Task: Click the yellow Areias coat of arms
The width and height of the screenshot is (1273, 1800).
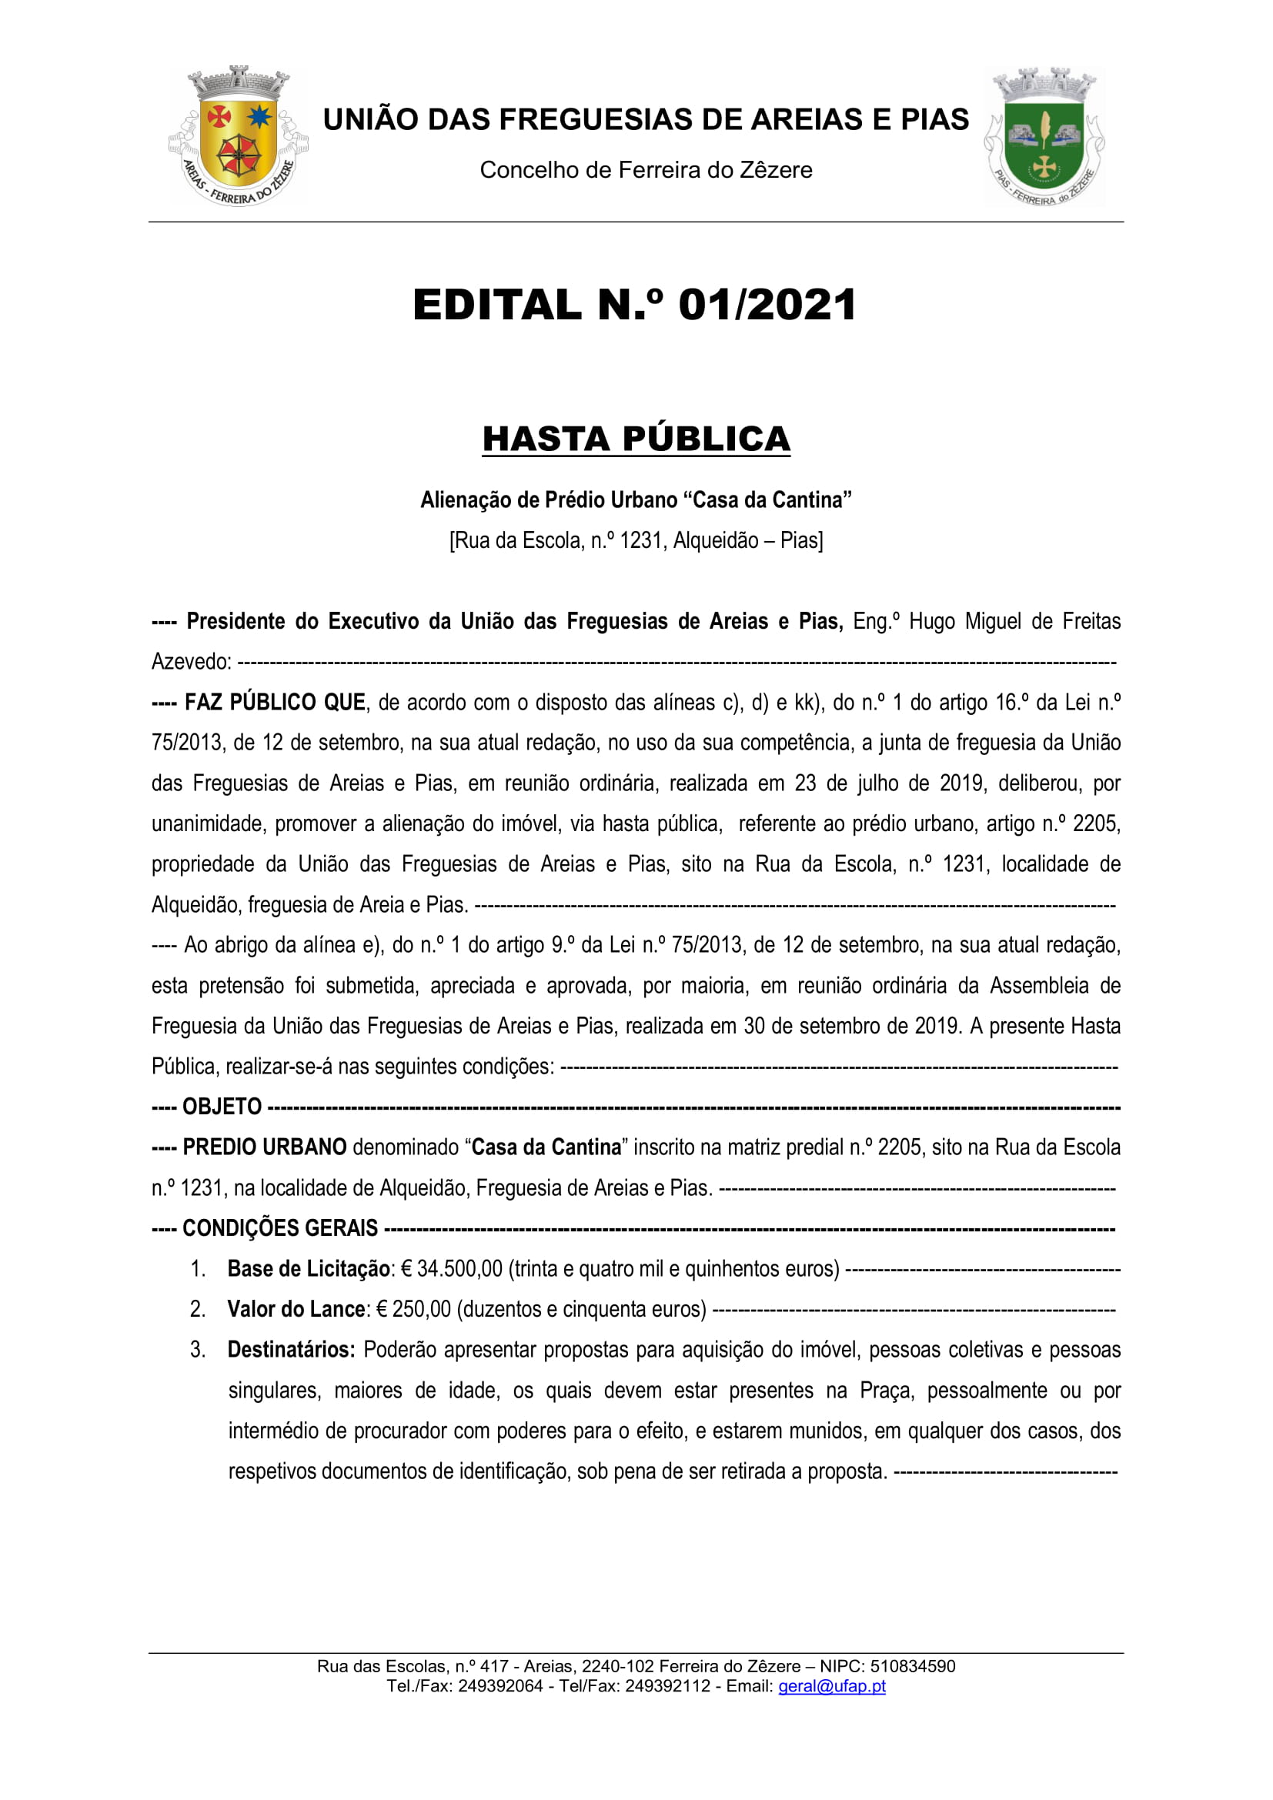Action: tap(239, 136)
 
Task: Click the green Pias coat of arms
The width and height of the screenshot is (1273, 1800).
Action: tap(1044, 138)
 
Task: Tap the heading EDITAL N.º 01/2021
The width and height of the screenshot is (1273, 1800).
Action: tap(635, 305)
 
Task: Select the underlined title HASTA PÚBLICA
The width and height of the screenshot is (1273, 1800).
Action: tap(636, 439)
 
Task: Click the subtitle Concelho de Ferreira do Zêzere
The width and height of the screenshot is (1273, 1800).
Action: tap(646, 170)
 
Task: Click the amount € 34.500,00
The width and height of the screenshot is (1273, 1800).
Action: tap(452, 1269)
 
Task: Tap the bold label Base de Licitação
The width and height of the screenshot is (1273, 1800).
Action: tap(309, 1269)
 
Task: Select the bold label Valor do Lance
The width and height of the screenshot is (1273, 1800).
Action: tap(296, 1309)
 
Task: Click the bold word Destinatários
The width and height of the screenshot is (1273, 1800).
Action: tap(291, 1350)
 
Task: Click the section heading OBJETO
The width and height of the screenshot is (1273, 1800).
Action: tap(222, 1107)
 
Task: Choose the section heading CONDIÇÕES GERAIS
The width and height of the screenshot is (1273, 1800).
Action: tap(280, 1228)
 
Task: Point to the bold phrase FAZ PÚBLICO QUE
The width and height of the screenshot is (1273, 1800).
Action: tap(275, 703)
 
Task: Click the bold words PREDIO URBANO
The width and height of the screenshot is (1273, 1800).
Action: tap(264, 1147)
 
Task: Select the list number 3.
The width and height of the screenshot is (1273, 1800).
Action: tap(198, 1350)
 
